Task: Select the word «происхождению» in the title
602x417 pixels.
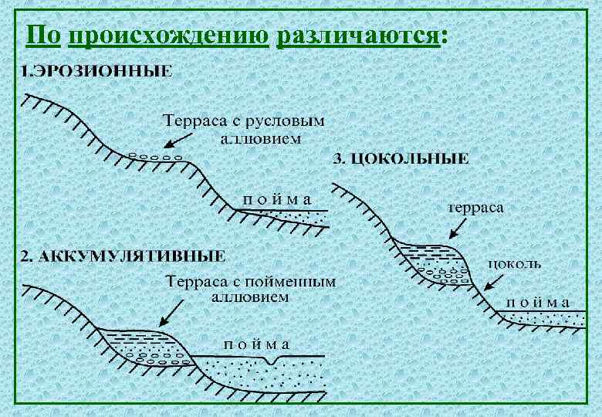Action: coord(168,36)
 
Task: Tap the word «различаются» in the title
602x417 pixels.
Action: coord(360,36)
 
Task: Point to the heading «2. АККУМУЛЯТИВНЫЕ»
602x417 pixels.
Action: coord(123,256)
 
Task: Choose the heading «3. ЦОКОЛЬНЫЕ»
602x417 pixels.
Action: coord(401,160)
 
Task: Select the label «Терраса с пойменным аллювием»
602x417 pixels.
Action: coord(252,289)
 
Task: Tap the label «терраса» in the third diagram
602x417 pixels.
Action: coord(475,208)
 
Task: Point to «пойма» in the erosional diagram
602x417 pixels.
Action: coord(278,198)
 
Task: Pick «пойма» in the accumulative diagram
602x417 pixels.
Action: coord(255,344)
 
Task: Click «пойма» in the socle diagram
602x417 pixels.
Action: coord(538,302)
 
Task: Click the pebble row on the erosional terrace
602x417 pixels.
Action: coord(154,158)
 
